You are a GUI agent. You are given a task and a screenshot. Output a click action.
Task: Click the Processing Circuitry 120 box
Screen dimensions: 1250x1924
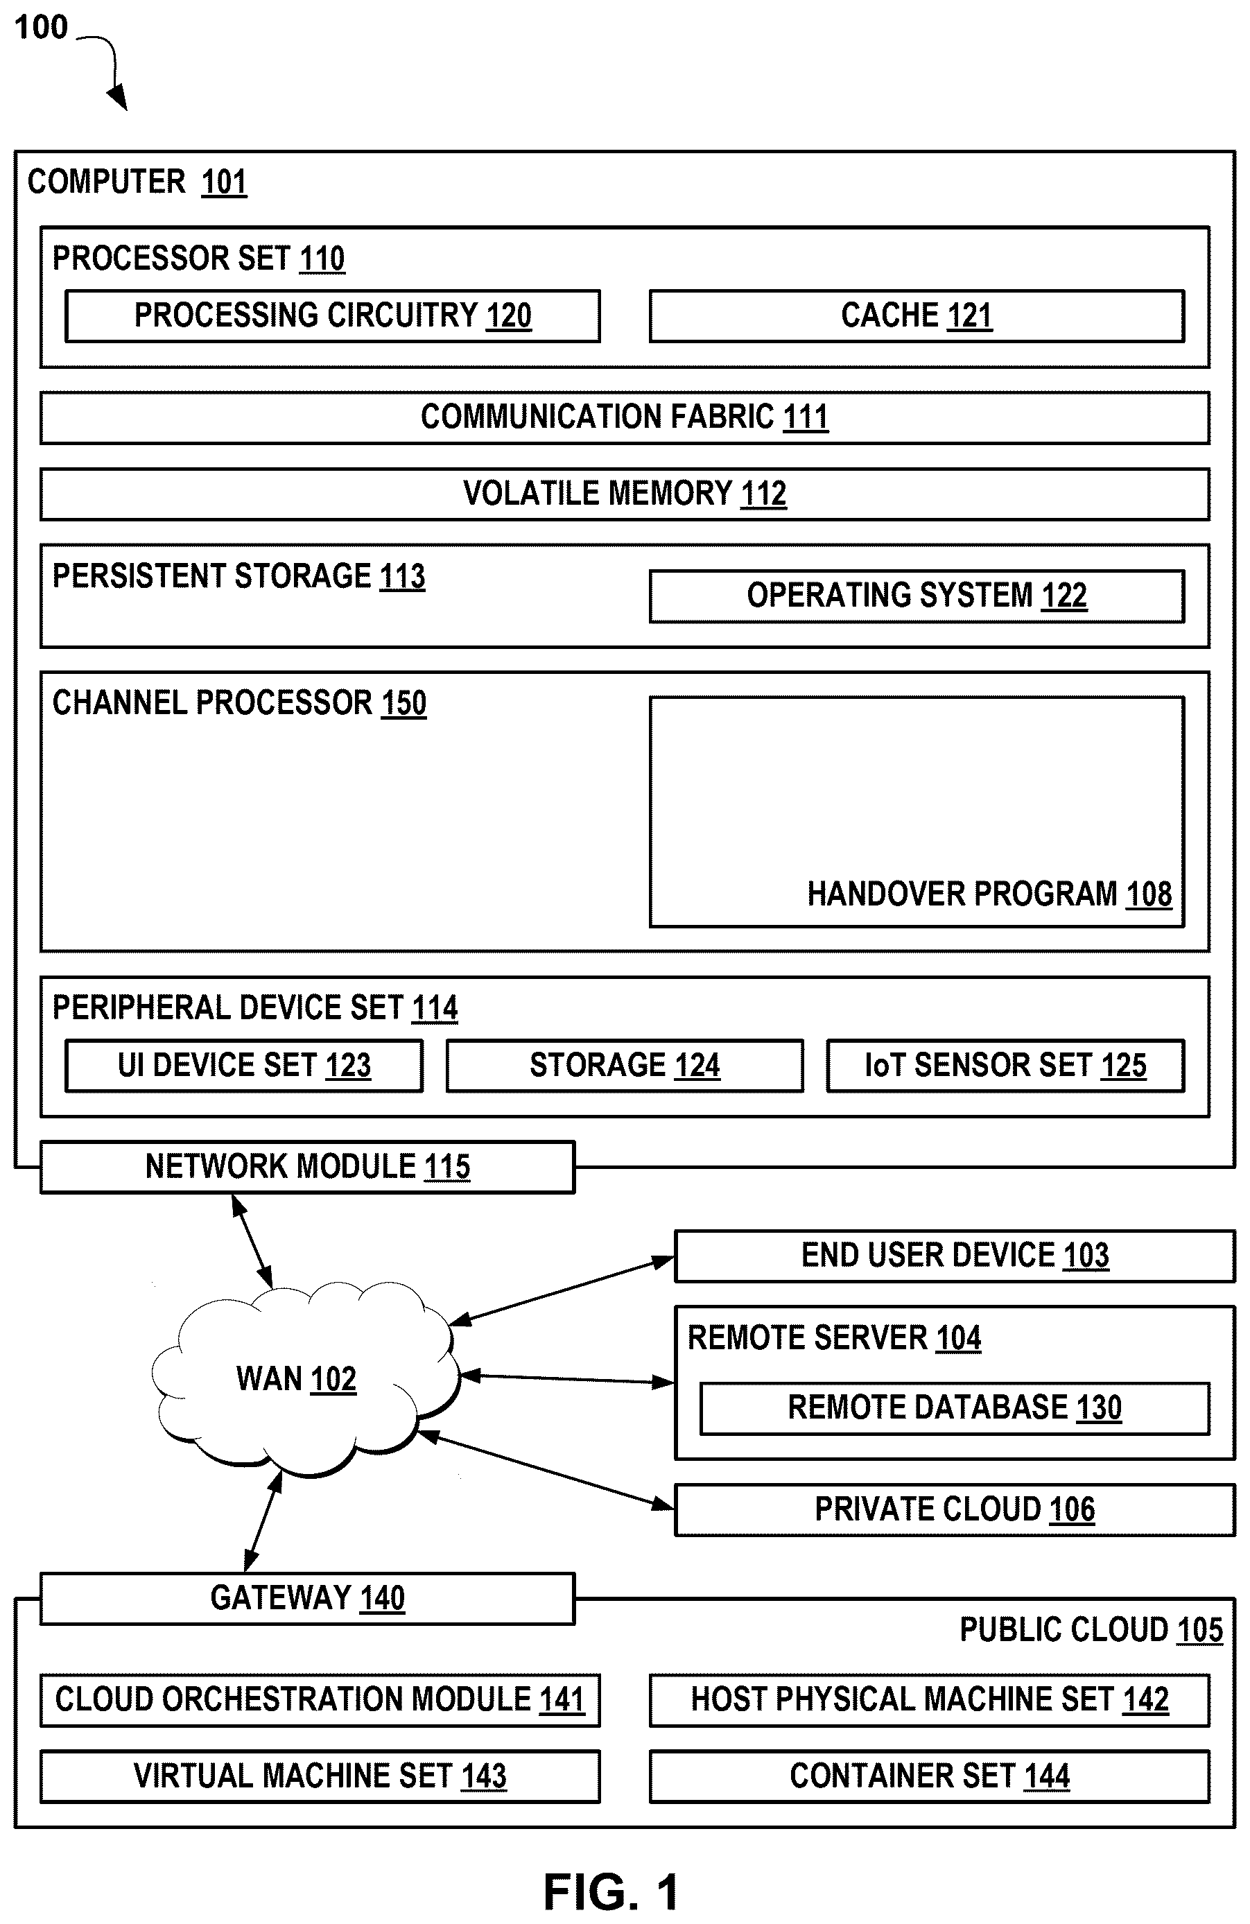tap(332, 316)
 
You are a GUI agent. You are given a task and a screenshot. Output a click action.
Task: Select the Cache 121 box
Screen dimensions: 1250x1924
tap(917, 316)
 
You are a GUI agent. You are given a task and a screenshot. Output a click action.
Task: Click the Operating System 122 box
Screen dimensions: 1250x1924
tap(917, 596)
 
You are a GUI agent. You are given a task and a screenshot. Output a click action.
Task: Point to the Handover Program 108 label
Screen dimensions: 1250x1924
tap(989, 894)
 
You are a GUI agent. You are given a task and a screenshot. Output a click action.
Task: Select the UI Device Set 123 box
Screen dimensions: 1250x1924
tap(244, 1066)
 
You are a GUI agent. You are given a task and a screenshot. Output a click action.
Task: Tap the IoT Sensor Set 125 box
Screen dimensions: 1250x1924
tap(1006, 1066)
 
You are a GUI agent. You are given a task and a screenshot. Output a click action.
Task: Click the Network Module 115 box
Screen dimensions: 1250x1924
tap(307, 1166)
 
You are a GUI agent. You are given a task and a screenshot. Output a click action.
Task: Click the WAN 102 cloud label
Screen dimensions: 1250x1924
tap(296, 1379)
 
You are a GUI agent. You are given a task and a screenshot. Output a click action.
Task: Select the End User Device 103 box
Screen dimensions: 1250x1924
tap(955, 1256)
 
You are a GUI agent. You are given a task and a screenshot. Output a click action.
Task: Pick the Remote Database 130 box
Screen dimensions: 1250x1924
tap(955, 1408)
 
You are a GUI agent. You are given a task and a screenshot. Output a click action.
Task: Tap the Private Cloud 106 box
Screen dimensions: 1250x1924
tap(955, 1509)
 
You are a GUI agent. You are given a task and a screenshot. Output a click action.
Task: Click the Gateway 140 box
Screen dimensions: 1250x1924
tap(307, 1598)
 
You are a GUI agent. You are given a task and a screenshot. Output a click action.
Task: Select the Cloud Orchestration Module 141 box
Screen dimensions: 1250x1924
tap(320, 1700)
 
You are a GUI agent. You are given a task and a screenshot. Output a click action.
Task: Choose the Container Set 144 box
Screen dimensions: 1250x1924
tap(930, 1776)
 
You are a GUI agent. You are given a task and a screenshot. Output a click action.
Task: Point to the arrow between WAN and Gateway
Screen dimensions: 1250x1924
tap(263, 1520)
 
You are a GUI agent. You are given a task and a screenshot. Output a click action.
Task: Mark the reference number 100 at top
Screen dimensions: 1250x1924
tap(41, 28)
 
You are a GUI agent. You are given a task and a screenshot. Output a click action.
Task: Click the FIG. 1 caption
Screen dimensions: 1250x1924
tap(612, 1893)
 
